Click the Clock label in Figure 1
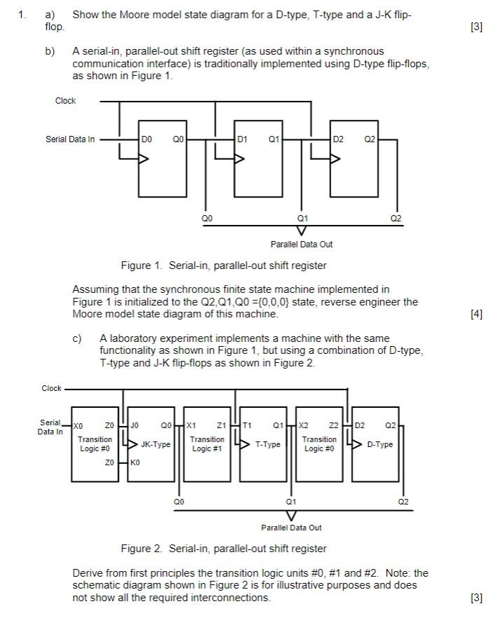point(65,101)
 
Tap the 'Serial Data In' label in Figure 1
point(70,139)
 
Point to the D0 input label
point(146,139)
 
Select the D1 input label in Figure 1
point(242,139)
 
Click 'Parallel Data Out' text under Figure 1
point(302,245)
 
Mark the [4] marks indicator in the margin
point(477,315)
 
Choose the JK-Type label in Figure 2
point(155,445)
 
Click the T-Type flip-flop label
point(267,445)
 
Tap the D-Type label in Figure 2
point(379,445)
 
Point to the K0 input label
point(136,463)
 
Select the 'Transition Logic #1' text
point(208,444)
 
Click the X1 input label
point(190,425)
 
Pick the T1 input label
point(247,425)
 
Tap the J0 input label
point(136,425)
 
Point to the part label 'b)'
point(50,52)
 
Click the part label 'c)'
point(78,338)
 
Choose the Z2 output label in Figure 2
point(333,425)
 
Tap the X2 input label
point(303,425)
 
